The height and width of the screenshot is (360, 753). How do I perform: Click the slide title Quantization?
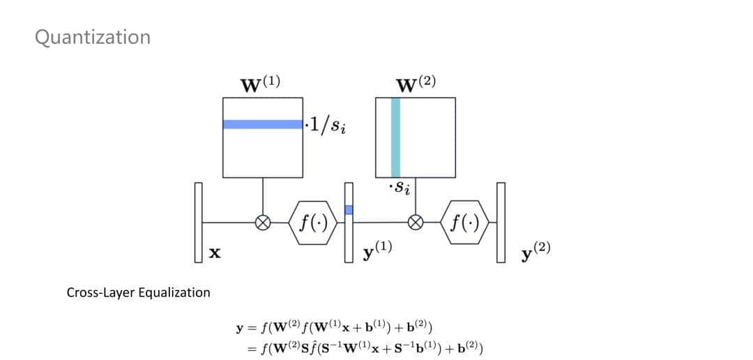[x=92, y=37]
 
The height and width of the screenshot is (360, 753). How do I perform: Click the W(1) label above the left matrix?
[x=260, y=84]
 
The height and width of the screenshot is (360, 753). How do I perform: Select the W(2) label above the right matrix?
[x=416, y=84]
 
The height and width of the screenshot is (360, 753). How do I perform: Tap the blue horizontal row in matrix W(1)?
[x=263, y=124]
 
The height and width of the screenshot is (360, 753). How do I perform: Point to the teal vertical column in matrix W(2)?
[x=396, y=137]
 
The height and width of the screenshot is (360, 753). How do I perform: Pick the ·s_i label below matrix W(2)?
[x=399, y=188]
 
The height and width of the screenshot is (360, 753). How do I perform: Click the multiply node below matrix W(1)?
[x=263, y=223]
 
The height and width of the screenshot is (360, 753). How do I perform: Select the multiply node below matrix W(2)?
[x=416, y=223]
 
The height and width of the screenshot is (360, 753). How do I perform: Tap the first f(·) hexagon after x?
[x=314, y=223]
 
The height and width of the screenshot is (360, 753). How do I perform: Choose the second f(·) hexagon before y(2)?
[x=465, y=223]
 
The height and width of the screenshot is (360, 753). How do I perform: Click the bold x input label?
[x=215, y=255]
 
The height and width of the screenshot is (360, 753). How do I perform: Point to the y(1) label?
[x=377, y=251]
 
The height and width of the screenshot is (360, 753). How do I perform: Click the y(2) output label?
[x=535, y=251]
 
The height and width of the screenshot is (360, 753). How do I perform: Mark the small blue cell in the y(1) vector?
[x=349, y=209]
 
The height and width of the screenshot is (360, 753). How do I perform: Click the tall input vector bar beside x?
[x=198, y=223]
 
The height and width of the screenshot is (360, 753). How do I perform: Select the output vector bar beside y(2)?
[x=500, y=223]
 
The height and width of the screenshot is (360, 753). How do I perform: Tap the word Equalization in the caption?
[x=175, y=292]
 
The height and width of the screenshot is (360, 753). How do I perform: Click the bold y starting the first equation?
[x=241, y=327]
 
